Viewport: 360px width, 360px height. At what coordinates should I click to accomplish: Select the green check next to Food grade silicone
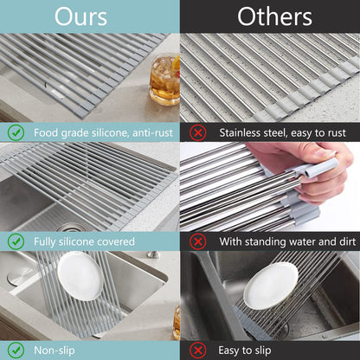pyautogui.click(x=16, y=133)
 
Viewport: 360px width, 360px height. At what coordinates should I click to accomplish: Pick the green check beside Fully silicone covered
pyautogui.click(x=16, y=241)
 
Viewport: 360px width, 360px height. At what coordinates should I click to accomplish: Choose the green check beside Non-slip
pyautogui.click(x=16, y=350)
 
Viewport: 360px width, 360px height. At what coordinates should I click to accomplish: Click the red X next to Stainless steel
pyautogui.click(x=197, y=133)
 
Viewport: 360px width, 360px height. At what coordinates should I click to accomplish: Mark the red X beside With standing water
pyautogui.click(x=197, y=241)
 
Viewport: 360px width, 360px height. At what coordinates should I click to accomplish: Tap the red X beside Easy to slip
pyautogui.click(x=197, y=350)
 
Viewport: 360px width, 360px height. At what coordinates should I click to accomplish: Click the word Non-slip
pyautogui.click(x=56, y=350)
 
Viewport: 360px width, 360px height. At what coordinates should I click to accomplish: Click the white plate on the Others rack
pyautogui.click(x=270, y=286)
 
